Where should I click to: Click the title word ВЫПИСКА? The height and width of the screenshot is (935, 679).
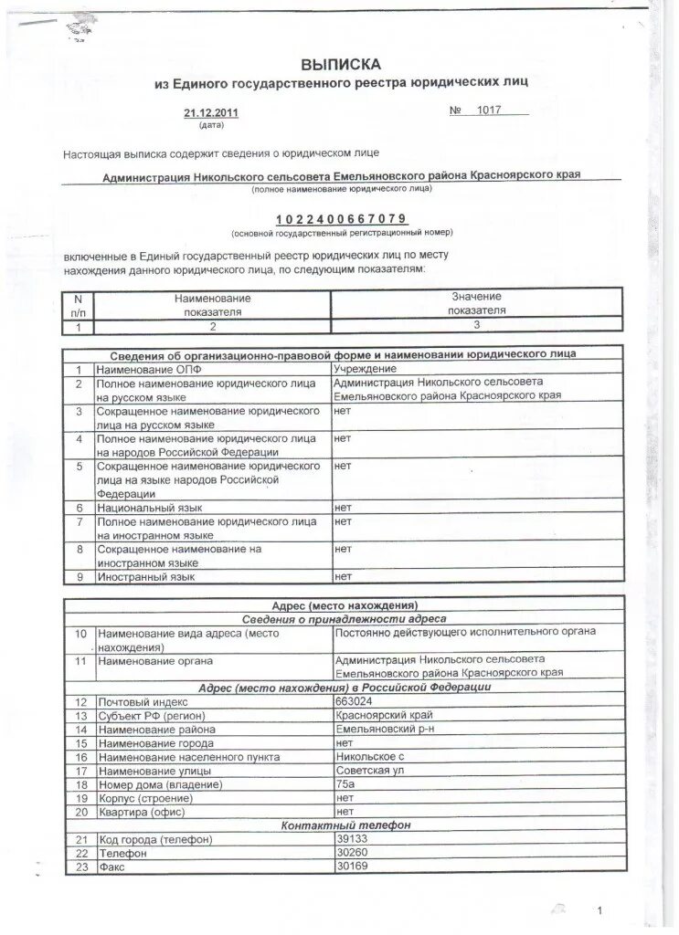pyautogui.click(x=341, y=65)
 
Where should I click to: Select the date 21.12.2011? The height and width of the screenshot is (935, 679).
pyautogui.click(x=204, y=113)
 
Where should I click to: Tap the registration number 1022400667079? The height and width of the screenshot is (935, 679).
pyautogui.click(x=341, y=219)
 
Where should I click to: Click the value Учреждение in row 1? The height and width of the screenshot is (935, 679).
pyautogui.click(x=365, y=368)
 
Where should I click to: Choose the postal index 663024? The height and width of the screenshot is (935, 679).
pyautogui.click(x=354, y=700)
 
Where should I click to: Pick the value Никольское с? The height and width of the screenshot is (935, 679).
pyautogui.click(x=369, y=757)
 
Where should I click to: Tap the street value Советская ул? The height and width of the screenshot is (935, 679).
pyautogui.click(x=368, y=771)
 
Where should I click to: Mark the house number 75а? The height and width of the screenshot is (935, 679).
pyautogui.click(x=345, y=784)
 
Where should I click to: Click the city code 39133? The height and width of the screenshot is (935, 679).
pyautogui.click(x=352, y=838)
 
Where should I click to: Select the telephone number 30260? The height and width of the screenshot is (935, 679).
pyautogui.click(x=352, y=852)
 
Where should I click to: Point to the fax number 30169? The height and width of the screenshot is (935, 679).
pyautogui.click(x=352, y=866)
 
